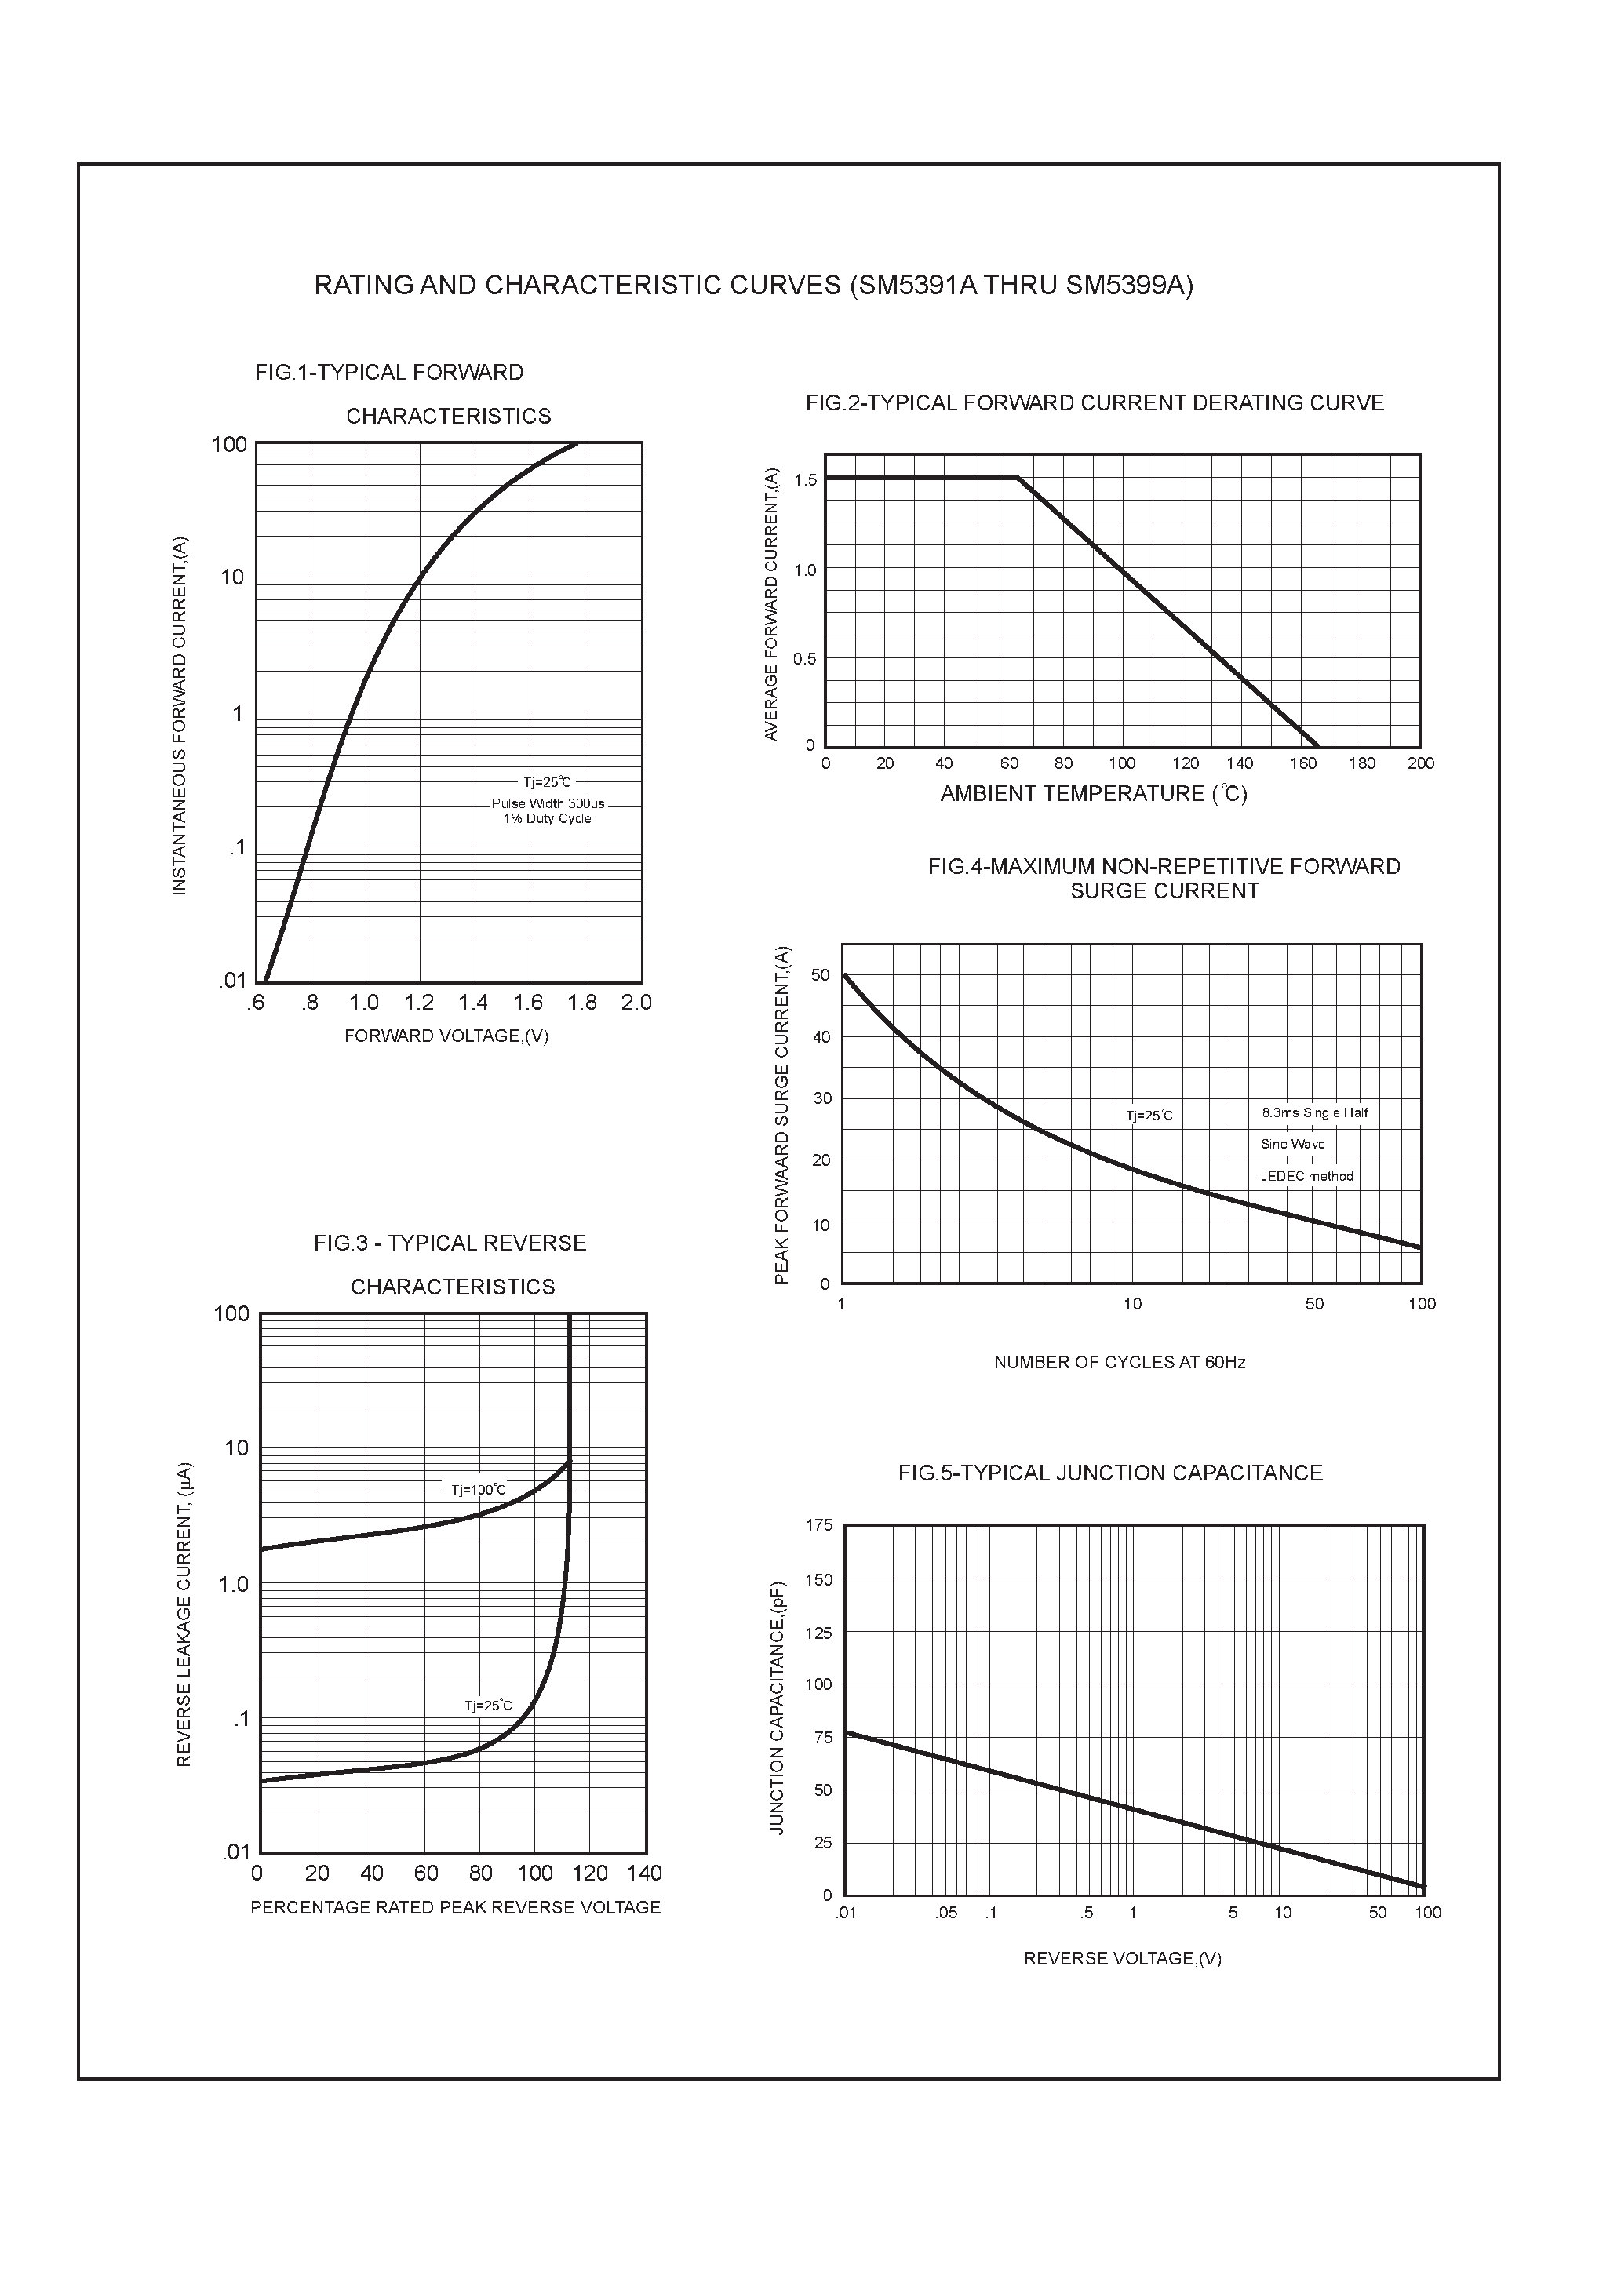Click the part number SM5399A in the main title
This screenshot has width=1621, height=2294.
(x=1125, y=286)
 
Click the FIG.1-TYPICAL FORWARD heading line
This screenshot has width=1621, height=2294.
(x=388, y=373)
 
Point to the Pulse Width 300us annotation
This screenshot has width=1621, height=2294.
(x=548, y=803)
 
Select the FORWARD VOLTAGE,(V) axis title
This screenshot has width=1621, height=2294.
(x=446, y=1036)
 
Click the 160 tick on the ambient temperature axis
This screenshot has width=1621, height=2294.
(x=1302, y=763)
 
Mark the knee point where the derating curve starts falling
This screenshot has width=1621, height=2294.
(x=1018, y=479)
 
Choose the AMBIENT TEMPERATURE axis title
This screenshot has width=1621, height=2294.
(x=1093, y=794)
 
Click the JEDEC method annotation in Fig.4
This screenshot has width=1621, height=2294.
(x=1306, y=1176)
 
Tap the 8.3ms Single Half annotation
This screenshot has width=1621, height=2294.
(x=1314, y=1113)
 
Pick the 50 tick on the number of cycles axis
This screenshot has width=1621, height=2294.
(x=1314, y=1304)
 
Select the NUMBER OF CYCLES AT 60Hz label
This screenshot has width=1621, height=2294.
(x=1120, y=1363)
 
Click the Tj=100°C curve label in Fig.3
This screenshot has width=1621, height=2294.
(x=479, y=1490)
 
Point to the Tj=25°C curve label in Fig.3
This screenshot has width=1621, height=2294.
(x=488, y=1706)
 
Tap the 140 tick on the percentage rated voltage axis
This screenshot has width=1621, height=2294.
(x=645, y=1873)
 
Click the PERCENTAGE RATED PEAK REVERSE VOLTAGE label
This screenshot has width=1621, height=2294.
(x=455, y=1907)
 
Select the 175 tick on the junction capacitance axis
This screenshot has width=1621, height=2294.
(x=818, y=1526)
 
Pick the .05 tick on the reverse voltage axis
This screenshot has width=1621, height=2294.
(x=945, y=1913)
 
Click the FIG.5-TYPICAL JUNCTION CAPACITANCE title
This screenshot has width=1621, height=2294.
(x=1109, y=1473)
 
